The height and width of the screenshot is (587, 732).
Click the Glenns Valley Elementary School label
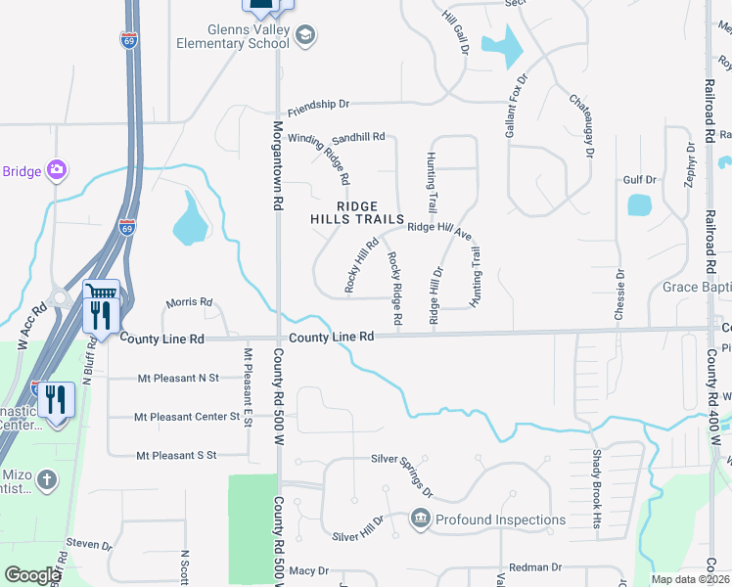233,36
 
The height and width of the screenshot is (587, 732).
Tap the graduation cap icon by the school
306,35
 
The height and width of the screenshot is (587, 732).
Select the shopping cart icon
102,293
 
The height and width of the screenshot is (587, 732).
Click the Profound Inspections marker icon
421,519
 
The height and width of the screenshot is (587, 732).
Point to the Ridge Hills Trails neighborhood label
357,212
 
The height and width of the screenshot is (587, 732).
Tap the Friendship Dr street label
318,104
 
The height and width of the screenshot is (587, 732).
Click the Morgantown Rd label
277,161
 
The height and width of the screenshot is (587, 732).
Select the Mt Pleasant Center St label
188,417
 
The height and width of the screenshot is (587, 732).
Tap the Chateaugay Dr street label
580,126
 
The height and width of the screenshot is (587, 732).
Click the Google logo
32,575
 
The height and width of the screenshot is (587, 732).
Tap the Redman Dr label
535,567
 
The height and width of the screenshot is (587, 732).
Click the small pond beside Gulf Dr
639,204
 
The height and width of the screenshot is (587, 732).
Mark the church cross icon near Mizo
48,480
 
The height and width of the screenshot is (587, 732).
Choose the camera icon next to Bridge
57,171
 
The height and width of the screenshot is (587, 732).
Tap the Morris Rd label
189,303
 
